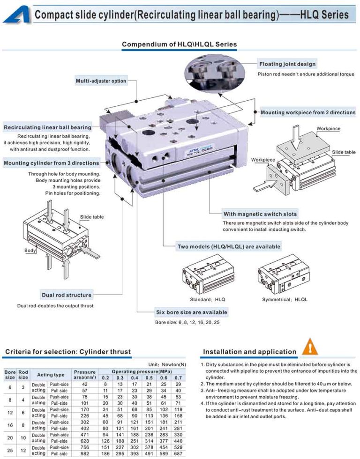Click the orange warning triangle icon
[310, 347]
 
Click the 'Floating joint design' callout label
[287, 64]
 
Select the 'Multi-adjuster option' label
[101, 81]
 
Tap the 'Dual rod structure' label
[67, 295]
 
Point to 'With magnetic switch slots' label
[260, 214]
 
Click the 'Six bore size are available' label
[191, 312]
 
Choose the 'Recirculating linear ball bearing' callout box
[47, 127]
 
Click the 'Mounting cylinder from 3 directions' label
[51, 163]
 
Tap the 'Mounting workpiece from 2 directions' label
[308, 112]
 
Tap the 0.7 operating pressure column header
[178, 378]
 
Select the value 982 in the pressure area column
[84, 453]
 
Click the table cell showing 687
[178, 453]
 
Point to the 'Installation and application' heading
[249, 352]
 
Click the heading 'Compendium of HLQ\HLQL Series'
[180, 44]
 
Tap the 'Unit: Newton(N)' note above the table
[167, 364]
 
